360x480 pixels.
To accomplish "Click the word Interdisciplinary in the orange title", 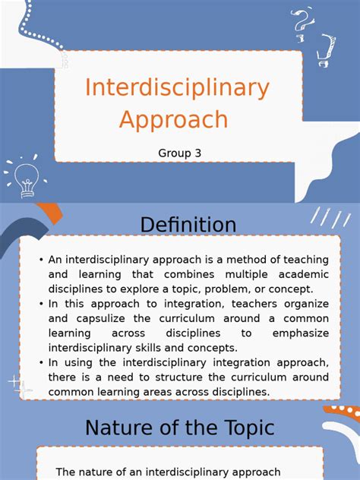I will (x=177, y=88).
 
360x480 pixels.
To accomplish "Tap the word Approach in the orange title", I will (x=173, y=119).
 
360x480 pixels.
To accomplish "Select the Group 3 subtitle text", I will (x=180, y=153).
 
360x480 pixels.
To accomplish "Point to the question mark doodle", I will (x=302, y=22).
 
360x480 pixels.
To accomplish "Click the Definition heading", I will (x=188, y=225).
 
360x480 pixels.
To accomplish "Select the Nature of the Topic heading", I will (x=179, y=428).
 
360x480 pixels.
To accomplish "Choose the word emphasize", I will (x=302, y=333).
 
